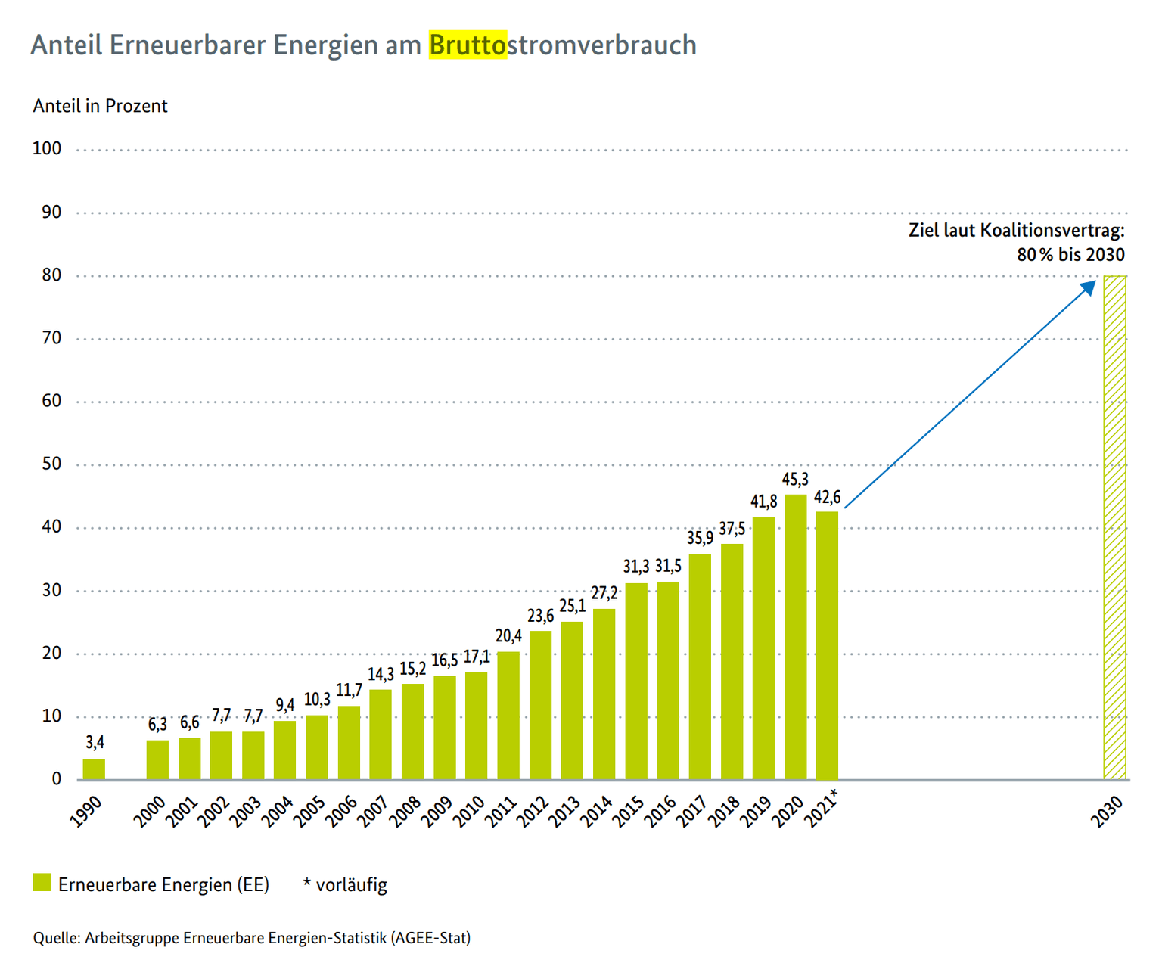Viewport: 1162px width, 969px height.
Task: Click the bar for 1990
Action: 94,769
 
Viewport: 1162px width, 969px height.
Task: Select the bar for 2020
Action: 795,637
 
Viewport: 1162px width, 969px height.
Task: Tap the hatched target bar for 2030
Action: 1114,527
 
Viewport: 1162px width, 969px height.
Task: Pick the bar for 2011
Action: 508,716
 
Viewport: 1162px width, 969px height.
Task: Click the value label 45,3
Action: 795,480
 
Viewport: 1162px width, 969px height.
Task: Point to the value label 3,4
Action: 95,743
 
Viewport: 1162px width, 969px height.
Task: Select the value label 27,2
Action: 604,593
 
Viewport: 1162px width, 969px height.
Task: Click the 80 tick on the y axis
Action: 51,275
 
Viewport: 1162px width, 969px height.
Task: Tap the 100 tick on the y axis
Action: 47,149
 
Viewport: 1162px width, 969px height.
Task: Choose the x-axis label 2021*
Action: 822,808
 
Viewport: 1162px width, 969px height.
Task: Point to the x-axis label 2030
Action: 1107,812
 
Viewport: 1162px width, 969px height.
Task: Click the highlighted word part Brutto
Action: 468,45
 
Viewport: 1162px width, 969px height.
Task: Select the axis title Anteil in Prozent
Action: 100,106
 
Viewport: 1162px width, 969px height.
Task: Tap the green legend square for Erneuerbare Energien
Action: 42,883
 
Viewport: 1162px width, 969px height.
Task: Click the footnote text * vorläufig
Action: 345,884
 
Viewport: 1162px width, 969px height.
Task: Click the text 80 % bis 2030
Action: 1070,255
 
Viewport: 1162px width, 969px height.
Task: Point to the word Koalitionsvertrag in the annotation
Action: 1052,230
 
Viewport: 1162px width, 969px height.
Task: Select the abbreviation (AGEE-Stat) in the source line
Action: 430,938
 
